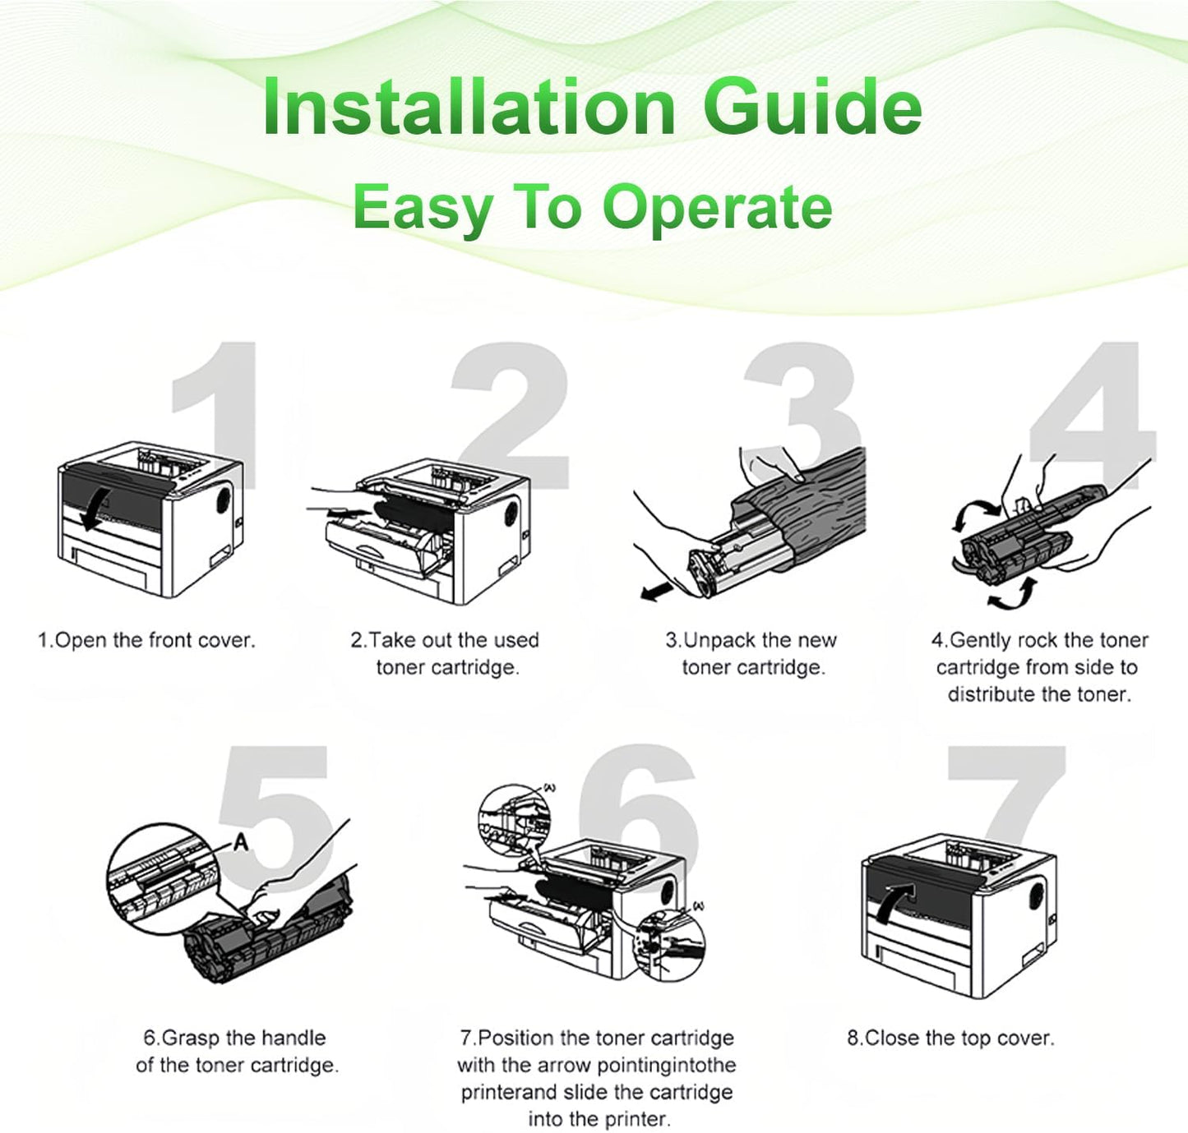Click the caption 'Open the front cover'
tap(147, 640)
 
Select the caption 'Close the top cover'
tap(950, 1039)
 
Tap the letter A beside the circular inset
tap(241, 842)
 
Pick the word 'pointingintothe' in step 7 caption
tap(667, 1066)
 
